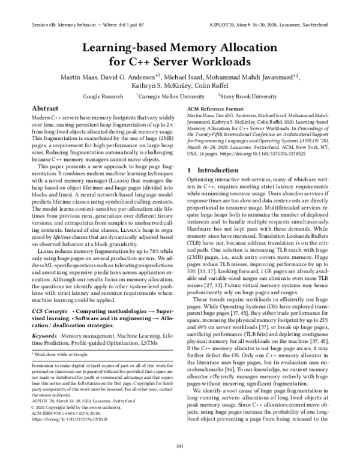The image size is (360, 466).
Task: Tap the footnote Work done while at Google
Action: coord(61,339)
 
